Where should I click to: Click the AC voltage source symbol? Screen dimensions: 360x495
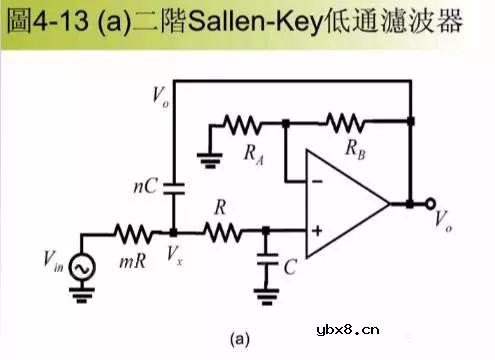click(81, 265)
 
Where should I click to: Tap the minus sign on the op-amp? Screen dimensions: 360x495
click(317, 181)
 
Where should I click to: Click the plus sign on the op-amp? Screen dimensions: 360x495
click(317, 233)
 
